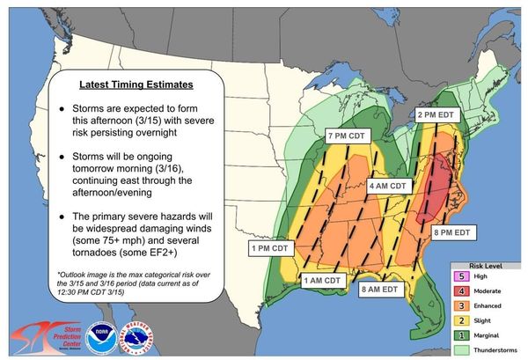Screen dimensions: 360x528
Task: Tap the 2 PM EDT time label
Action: tap(436, 114)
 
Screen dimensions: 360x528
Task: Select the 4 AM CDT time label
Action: tap(388, 187)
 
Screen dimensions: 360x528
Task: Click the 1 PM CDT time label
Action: tap(271, 248)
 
